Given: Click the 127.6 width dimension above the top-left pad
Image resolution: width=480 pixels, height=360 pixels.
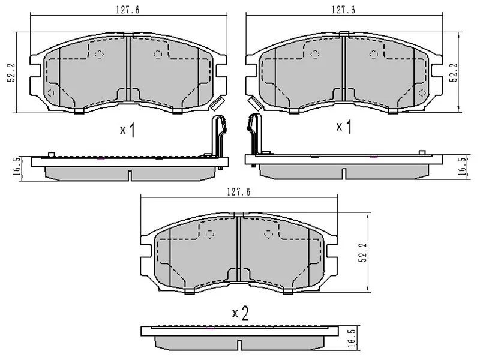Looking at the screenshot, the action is coord(128,10).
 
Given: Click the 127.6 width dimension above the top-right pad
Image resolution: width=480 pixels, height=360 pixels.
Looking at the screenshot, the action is coord(343,10).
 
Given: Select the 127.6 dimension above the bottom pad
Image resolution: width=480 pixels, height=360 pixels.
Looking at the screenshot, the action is coord(239,191).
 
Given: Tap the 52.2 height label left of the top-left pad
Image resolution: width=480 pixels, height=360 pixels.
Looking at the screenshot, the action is coord(11,73).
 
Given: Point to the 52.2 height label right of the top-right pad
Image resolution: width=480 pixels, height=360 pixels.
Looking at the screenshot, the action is coord(454,72).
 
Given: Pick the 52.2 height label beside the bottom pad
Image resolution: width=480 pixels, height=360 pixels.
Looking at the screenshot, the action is coord(362,253).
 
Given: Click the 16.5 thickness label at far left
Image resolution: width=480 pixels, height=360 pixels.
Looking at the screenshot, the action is coord(17,166).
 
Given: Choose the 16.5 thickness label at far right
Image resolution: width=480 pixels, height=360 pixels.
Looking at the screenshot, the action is coord(462,166).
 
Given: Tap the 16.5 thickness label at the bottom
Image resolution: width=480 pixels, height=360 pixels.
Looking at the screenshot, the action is coord(352,338).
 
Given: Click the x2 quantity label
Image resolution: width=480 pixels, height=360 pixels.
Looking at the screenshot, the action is coord(241,313).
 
